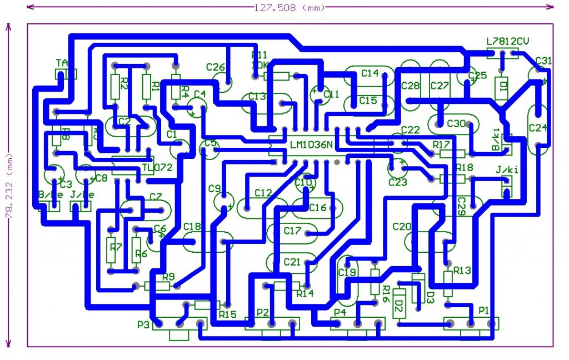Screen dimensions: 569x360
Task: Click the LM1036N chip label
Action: [312, 145]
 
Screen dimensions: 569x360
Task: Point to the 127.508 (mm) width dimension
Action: [289, 7]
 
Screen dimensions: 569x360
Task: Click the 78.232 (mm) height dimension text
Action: [8, 184]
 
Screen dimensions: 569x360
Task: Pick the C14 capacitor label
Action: [370, 73]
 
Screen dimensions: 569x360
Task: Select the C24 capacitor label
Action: [538, 127]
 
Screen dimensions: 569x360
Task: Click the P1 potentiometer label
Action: [484, 310]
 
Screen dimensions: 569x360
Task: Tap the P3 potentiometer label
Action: [144, 324]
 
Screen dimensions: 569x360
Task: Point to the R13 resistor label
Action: [462, 271]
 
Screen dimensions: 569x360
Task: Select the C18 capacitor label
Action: [192, 226]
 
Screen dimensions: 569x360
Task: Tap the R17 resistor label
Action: [441, 144]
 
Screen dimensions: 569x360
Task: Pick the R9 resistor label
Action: [168, 277]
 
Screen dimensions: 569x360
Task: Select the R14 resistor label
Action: [305, 293]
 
